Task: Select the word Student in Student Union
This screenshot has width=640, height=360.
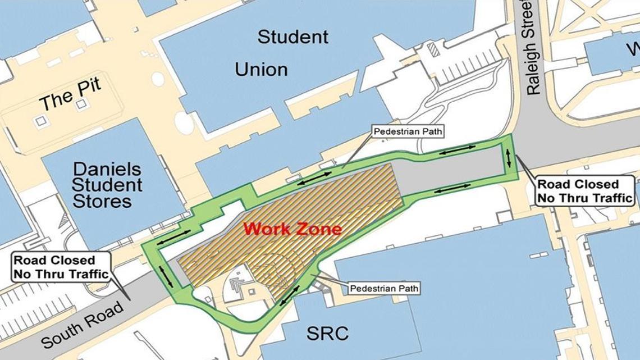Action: (x=292, y=38)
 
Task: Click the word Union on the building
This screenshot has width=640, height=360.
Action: (x=261, y=70)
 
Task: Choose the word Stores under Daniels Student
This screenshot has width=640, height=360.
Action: (x=102, y=201)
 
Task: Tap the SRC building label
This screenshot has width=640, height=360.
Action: (x=327, y=334)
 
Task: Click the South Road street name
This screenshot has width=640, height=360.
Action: (x=81, y=325)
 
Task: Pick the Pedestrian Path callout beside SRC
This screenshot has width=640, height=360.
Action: (x=385, y=289)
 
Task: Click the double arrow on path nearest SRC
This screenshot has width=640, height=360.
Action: (x=290, y=295)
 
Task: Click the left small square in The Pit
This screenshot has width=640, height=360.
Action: (x=40, y=121)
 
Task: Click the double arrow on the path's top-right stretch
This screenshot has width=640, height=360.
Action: (x=458, y=150)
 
